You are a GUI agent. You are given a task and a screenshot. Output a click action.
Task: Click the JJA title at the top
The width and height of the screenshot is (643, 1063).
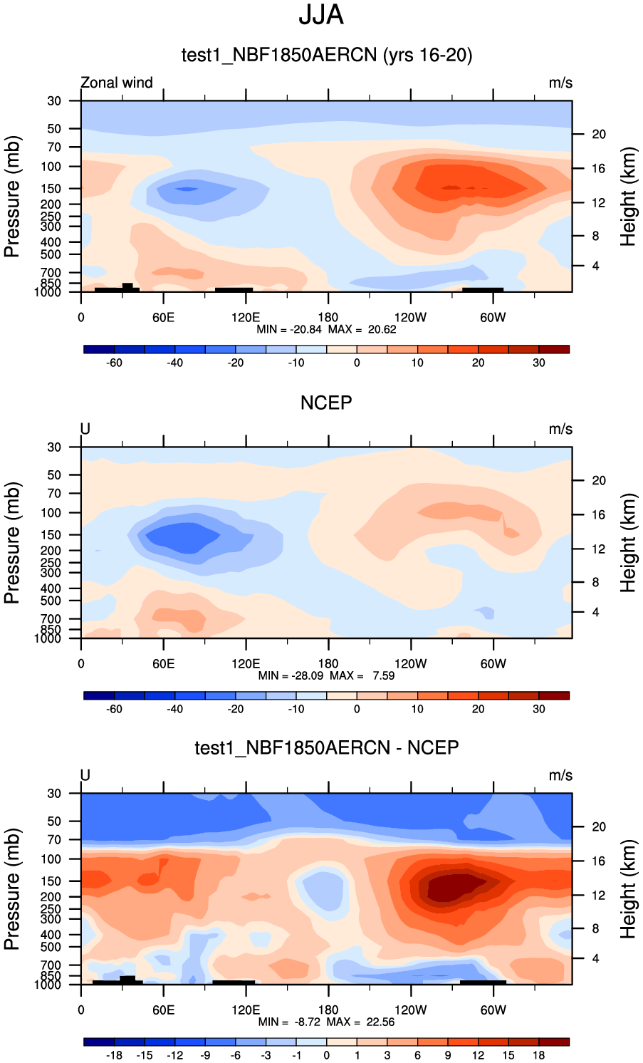click(x=321, y=15)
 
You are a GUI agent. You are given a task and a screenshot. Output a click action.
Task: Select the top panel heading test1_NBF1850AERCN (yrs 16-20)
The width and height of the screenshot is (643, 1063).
click(x=327, y=55)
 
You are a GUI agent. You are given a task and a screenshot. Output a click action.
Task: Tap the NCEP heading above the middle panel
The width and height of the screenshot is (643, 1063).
click(x=326, y=403)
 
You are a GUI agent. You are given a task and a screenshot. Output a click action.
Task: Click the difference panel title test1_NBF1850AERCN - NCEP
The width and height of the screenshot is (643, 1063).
click(x=327, y=747)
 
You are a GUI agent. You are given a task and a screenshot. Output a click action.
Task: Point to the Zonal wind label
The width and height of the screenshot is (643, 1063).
click(x=117, y=83)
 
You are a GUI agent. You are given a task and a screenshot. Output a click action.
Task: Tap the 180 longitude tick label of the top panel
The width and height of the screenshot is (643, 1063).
click(x=328, y=317)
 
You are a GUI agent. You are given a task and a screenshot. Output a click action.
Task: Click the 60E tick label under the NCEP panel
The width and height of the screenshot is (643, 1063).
click(x=163, y=663)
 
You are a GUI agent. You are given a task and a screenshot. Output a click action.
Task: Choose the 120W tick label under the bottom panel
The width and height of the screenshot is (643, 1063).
click(x=410, y=1010)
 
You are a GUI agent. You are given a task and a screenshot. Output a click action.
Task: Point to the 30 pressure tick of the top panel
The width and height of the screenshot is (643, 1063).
click(x=55, y=101)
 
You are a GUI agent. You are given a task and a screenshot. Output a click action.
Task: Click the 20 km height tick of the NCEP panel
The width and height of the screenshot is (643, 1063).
click(x=599, y=481)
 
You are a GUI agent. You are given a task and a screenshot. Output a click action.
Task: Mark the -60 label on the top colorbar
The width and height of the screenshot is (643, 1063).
click(x=114, y=363)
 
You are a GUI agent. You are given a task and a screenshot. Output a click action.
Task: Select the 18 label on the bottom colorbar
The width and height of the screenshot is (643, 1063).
click(x=539, y=1055)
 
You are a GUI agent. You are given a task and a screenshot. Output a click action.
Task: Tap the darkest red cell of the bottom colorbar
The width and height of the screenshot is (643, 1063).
click(x=554, y=1042)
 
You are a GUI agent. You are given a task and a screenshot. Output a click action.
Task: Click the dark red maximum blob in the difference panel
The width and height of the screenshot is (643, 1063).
click(x=452, y=888)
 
